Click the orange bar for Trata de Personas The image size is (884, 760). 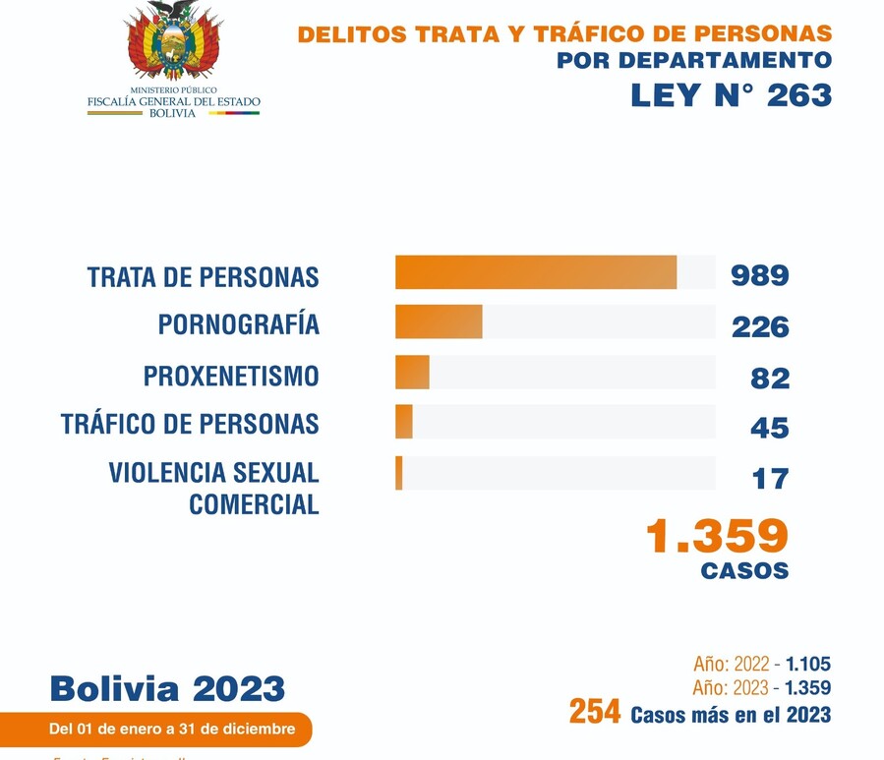(x=536, y=272)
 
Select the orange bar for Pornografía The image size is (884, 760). (x=439, y=322)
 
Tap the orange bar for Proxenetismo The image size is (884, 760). (x=412, y=373)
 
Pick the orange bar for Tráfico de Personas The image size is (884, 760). (x=404, y=422)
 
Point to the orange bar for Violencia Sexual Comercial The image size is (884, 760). (x=399, y=473)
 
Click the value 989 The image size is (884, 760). (x=759, y=275)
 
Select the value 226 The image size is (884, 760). (x=759, y=326)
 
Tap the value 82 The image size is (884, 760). (x=769, y=378)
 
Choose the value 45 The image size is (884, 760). (x=769, y=428)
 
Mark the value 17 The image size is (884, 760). (x=770, y=479)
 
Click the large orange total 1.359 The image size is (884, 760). (x=717, y=536)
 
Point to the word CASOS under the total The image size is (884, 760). (x=744, y=570)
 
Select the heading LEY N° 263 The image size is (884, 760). (x=731, y=95)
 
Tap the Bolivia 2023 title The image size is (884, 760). (x=167, y=688)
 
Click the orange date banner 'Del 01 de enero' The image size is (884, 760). (x=172, y=730)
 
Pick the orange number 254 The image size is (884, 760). (x=594, y=712)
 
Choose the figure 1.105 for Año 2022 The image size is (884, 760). (x=807, y=665)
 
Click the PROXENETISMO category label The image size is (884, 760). (x=231, y=377)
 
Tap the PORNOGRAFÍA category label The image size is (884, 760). (x=239, y=324)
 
